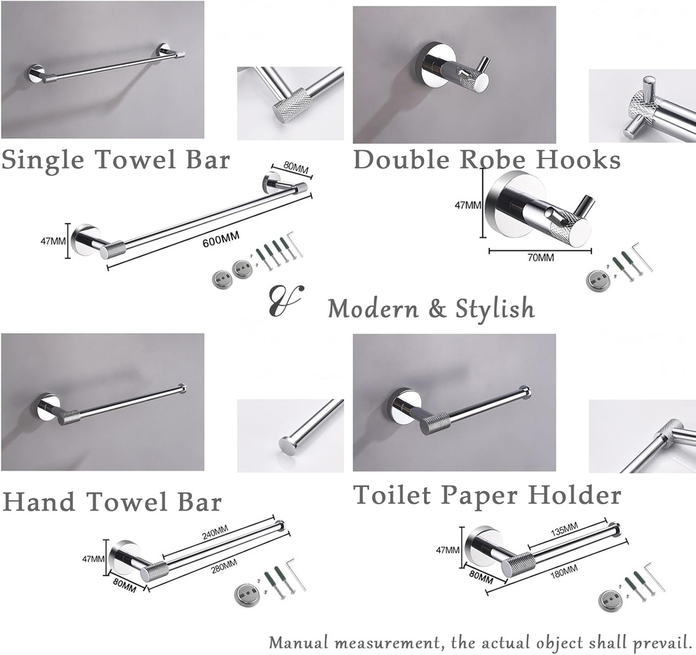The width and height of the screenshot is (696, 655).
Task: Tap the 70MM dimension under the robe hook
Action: coord(541,258)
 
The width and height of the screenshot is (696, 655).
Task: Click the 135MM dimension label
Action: coord(563,528)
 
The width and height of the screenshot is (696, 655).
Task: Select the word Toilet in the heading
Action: coord(392,495)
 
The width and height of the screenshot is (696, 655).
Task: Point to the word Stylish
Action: coord(495,309)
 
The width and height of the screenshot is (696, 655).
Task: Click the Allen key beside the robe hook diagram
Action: coord(642,257)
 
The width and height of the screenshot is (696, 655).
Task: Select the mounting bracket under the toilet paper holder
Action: coord(610,599)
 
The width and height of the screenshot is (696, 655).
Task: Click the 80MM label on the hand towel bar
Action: coord(123,584)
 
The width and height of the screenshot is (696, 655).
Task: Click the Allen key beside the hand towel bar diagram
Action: coord(296,574)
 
